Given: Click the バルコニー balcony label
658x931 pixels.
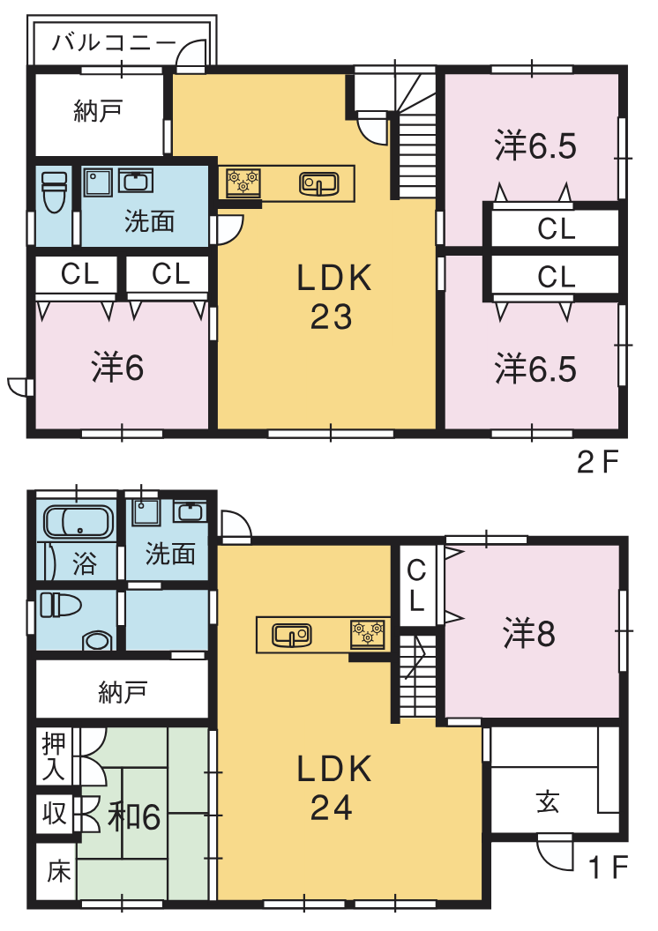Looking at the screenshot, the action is pos(114,42).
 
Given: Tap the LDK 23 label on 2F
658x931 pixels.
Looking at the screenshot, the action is pos(333,295).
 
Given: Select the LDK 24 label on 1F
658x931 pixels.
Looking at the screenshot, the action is pos(333,786).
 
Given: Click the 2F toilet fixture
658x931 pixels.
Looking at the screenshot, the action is pos(55,190).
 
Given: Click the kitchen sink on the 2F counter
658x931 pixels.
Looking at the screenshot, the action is pos(319,183).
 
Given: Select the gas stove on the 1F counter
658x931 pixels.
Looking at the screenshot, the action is pos(368,634).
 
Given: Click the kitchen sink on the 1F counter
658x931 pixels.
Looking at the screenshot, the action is pos(292,634).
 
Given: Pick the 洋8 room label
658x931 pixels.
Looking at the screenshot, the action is pos(529,633).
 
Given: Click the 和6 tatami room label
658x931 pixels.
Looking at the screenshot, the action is pos(134,817).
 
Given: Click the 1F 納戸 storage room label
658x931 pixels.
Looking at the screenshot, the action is pos(123,692).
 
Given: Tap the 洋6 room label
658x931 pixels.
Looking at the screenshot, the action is pos(117,368).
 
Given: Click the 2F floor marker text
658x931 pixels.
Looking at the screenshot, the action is pos(598,462).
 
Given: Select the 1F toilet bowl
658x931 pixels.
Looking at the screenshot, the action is pos(97,641).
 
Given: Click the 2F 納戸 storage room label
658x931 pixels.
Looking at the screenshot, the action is pos(98,111).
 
